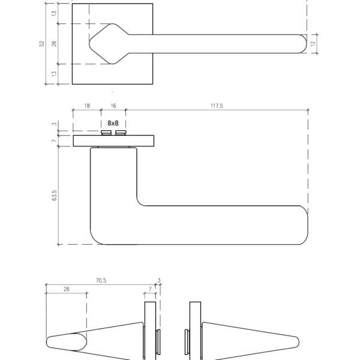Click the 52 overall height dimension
tap(42, 44)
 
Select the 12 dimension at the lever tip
tap(313, 44)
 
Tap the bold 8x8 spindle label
tap(113, 123)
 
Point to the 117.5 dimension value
tap(217, 106)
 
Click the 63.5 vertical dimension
tap(54, 196)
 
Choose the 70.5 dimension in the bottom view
tap(101, 281)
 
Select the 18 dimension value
tap(87, 106)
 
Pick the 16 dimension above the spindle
tap(113, 106)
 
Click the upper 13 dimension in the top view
tap(54, 13)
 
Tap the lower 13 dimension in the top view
tap(54, 74)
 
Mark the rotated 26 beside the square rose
tap(54, 44)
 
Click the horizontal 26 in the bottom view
tap(67, 289)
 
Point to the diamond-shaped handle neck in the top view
tap(109, 44)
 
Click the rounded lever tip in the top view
tap(304, 44)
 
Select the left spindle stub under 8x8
tap(106, 133)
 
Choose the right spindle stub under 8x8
tap(121, 133)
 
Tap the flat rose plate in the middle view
tap(113, 141)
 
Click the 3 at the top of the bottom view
tap(159, 280)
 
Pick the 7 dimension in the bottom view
tap(150, 289)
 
